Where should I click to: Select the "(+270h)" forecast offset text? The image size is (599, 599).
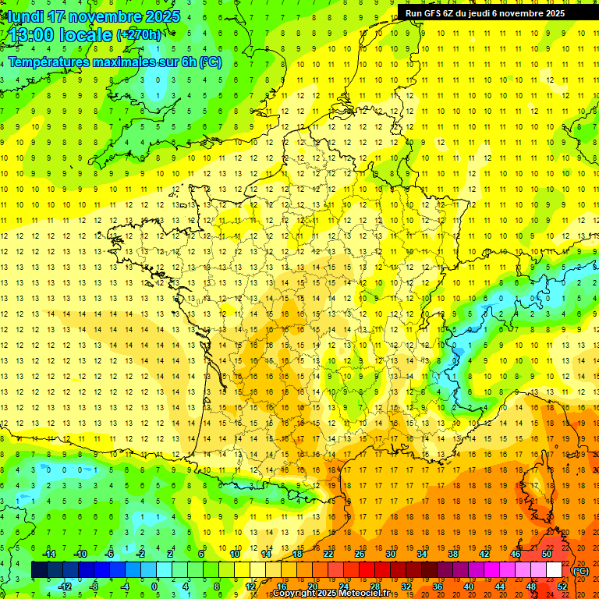(x=139, y=35)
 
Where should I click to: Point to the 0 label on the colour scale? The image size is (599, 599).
(x=154, y=587)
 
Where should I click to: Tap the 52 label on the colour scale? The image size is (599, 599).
(x=562, y=587)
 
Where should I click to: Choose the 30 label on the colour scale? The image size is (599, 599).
(x=390, y=554)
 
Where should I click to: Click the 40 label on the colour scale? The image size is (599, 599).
(x=468, y=587)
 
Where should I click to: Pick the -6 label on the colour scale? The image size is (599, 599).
(x=109, y=554)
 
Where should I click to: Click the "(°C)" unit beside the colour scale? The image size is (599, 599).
(x=581, y=571)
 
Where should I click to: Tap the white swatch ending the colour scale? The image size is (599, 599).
(x=554, y=570)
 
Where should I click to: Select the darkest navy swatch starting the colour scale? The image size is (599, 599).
(x=39, y=570)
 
